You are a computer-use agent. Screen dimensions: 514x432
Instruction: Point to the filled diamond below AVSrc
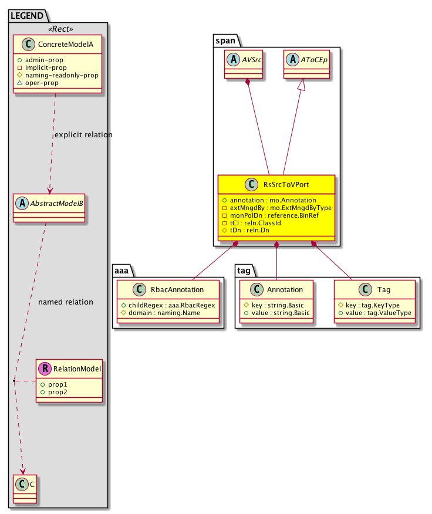[x=248, y=83]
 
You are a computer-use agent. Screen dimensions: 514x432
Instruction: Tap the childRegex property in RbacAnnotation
[x=168, y=305]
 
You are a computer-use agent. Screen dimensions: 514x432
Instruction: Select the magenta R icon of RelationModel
[x=45, y=368]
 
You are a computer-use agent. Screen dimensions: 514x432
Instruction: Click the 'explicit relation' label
[x=83, y=135]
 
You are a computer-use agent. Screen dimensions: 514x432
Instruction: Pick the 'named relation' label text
[x=65, y=302]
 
